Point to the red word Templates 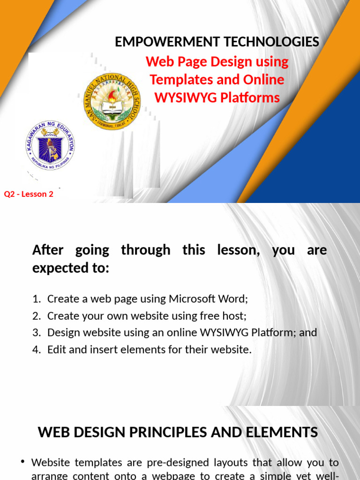180,79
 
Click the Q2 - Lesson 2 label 29,194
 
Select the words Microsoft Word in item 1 208,299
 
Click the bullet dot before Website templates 22,462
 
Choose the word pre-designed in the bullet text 172,463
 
